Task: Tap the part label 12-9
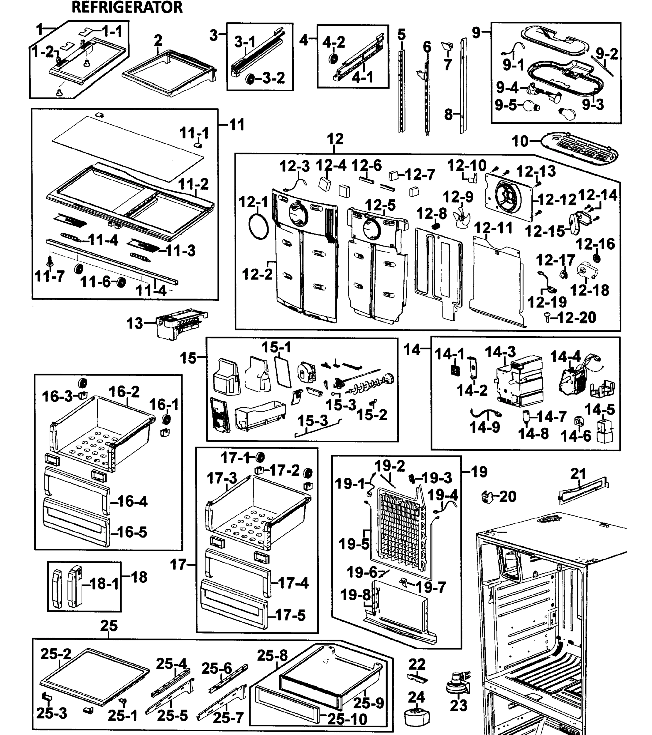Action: pos(458,197)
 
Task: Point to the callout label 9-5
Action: pos(505,105)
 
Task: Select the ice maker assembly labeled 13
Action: pos(180,323)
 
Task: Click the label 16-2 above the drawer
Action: pos(124,391)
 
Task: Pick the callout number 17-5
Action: pos(291,615)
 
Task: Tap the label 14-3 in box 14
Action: pos(500,352)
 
